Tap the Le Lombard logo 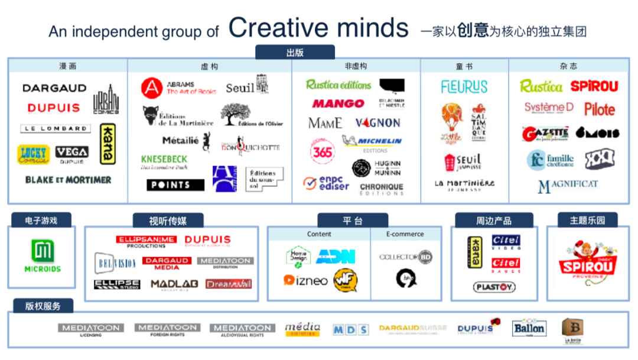pyautogui.click(x=56, y=128)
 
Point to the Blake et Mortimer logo pyautogui.click(x=68, y=179)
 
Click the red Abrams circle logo pyautogui.click(x=151, y=88)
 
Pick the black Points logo pyautogui.click(x=175, y=185)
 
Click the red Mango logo pyautogui.click(x=338, y=103)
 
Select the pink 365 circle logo pyautogui.click(x=323, y=152)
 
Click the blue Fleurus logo pyautogui.click(x=464, y=87)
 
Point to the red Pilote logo pyautogui.click(x=600, y=109)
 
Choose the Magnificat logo pyautogui.click(x=568, y=186)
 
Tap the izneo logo pyautogui.click(x=305, y=280)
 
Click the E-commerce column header pyautogui.click(x=405, y=234)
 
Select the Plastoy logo pyautogui.click(x=494, y=287)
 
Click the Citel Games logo pyautogui.click(x=506, y=265)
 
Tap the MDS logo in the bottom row pyautogui.click(x=350, y=330)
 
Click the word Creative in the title pyautogui.click(x=279, y=28)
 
